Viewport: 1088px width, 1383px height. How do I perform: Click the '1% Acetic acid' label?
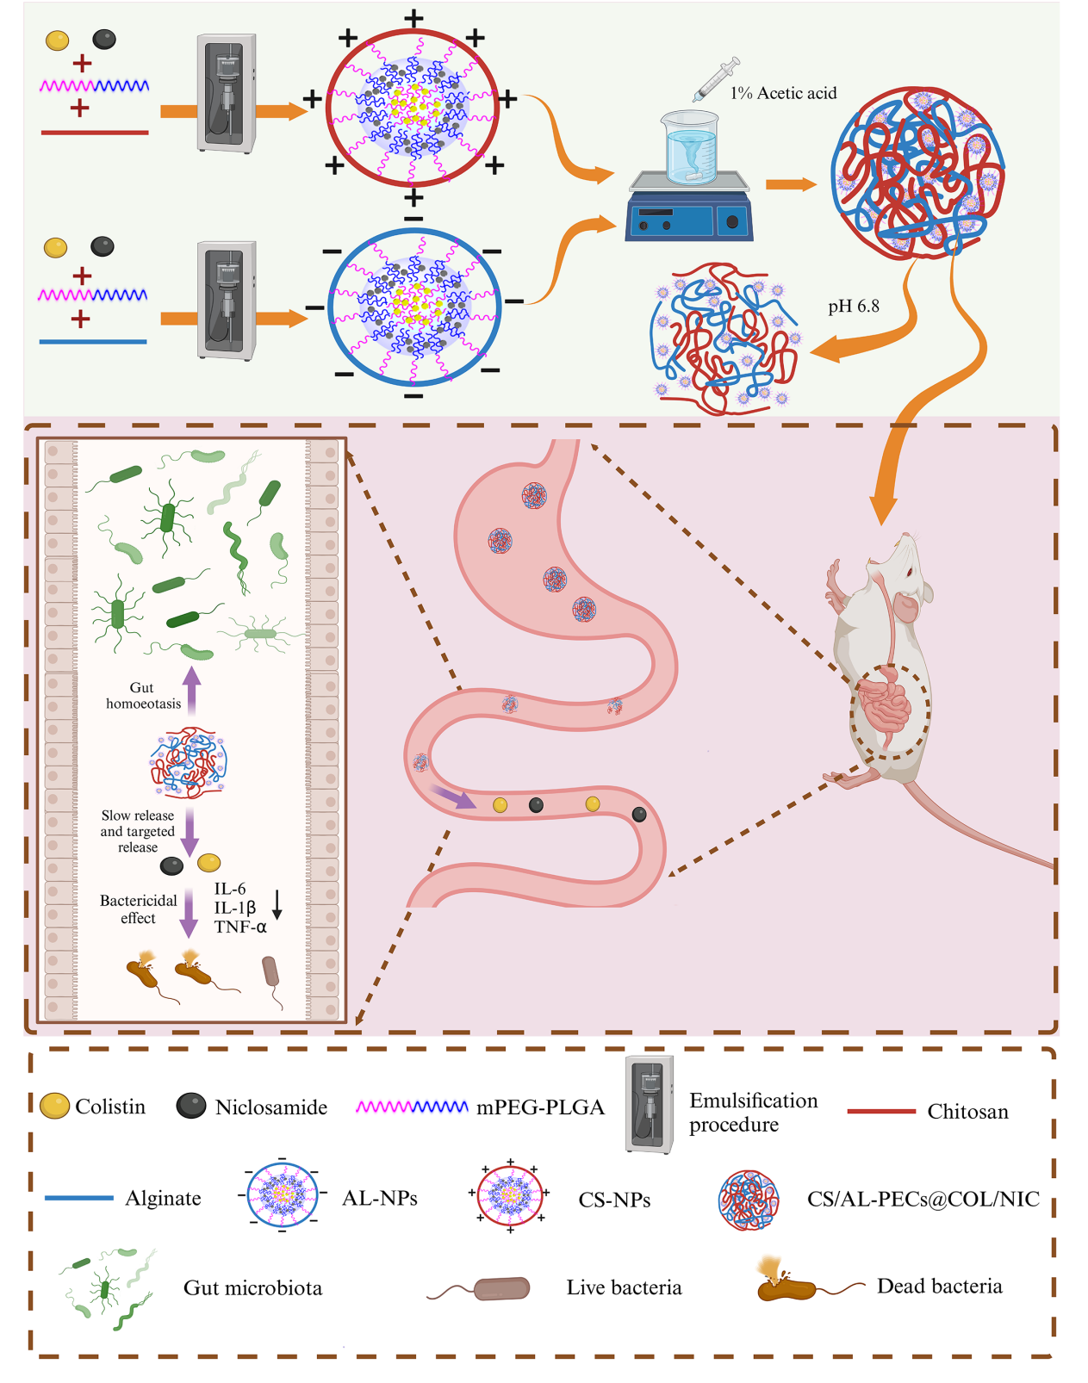tap(783, 93)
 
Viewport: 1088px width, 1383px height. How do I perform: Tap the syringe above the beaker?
tap(717, 78)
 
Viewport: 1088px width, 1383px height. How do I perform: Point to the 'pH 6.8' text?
tap(853, 307)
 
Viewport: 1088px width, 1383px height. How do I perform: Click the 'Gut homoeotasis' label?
tap(143, 696)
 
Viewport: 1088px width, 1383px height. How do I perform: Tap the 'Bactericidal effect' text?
tap(138, 909)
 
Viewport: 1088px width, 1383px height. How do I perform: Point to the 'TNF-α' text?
tap(240, 927)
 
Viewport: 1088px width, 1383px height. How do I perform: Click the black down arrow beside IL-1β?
tap(277, 904)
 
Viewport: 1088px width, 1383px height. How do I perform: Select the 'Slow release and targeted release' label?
tap(138, 831)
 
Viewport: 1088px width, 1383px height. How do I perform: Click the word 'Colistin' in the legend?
tap(110, 1107)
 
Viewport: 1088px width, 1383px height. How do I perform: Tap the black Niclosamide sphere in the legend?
tap(190, 1106)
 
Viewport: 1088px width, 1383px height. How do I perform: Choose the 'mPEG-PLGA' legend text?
tap(540, 1107)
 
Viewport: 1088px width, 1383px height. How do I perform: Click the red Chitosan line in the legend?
tap(880, 1111)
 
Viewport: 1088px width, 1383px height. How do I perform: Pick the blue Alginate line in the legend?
tap(79, 1198)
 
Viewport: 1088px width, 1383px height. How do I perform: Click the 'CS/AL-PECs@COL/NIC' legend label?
tap(923, 1199)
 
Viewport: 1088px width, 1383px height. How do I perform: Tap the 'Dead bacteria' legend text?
tap(939, 1287)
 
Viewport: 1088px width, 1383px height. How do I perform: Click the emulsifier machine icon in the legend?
tap(649, 1104)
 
